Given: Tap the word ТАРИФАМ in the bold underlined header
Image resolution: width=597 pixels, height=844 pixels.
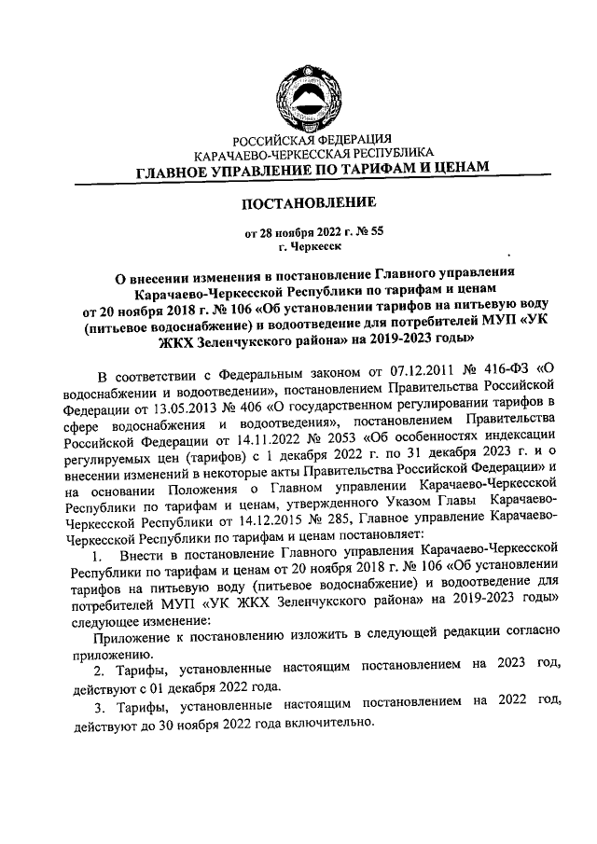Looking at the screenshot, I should (x=365, y=171).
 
